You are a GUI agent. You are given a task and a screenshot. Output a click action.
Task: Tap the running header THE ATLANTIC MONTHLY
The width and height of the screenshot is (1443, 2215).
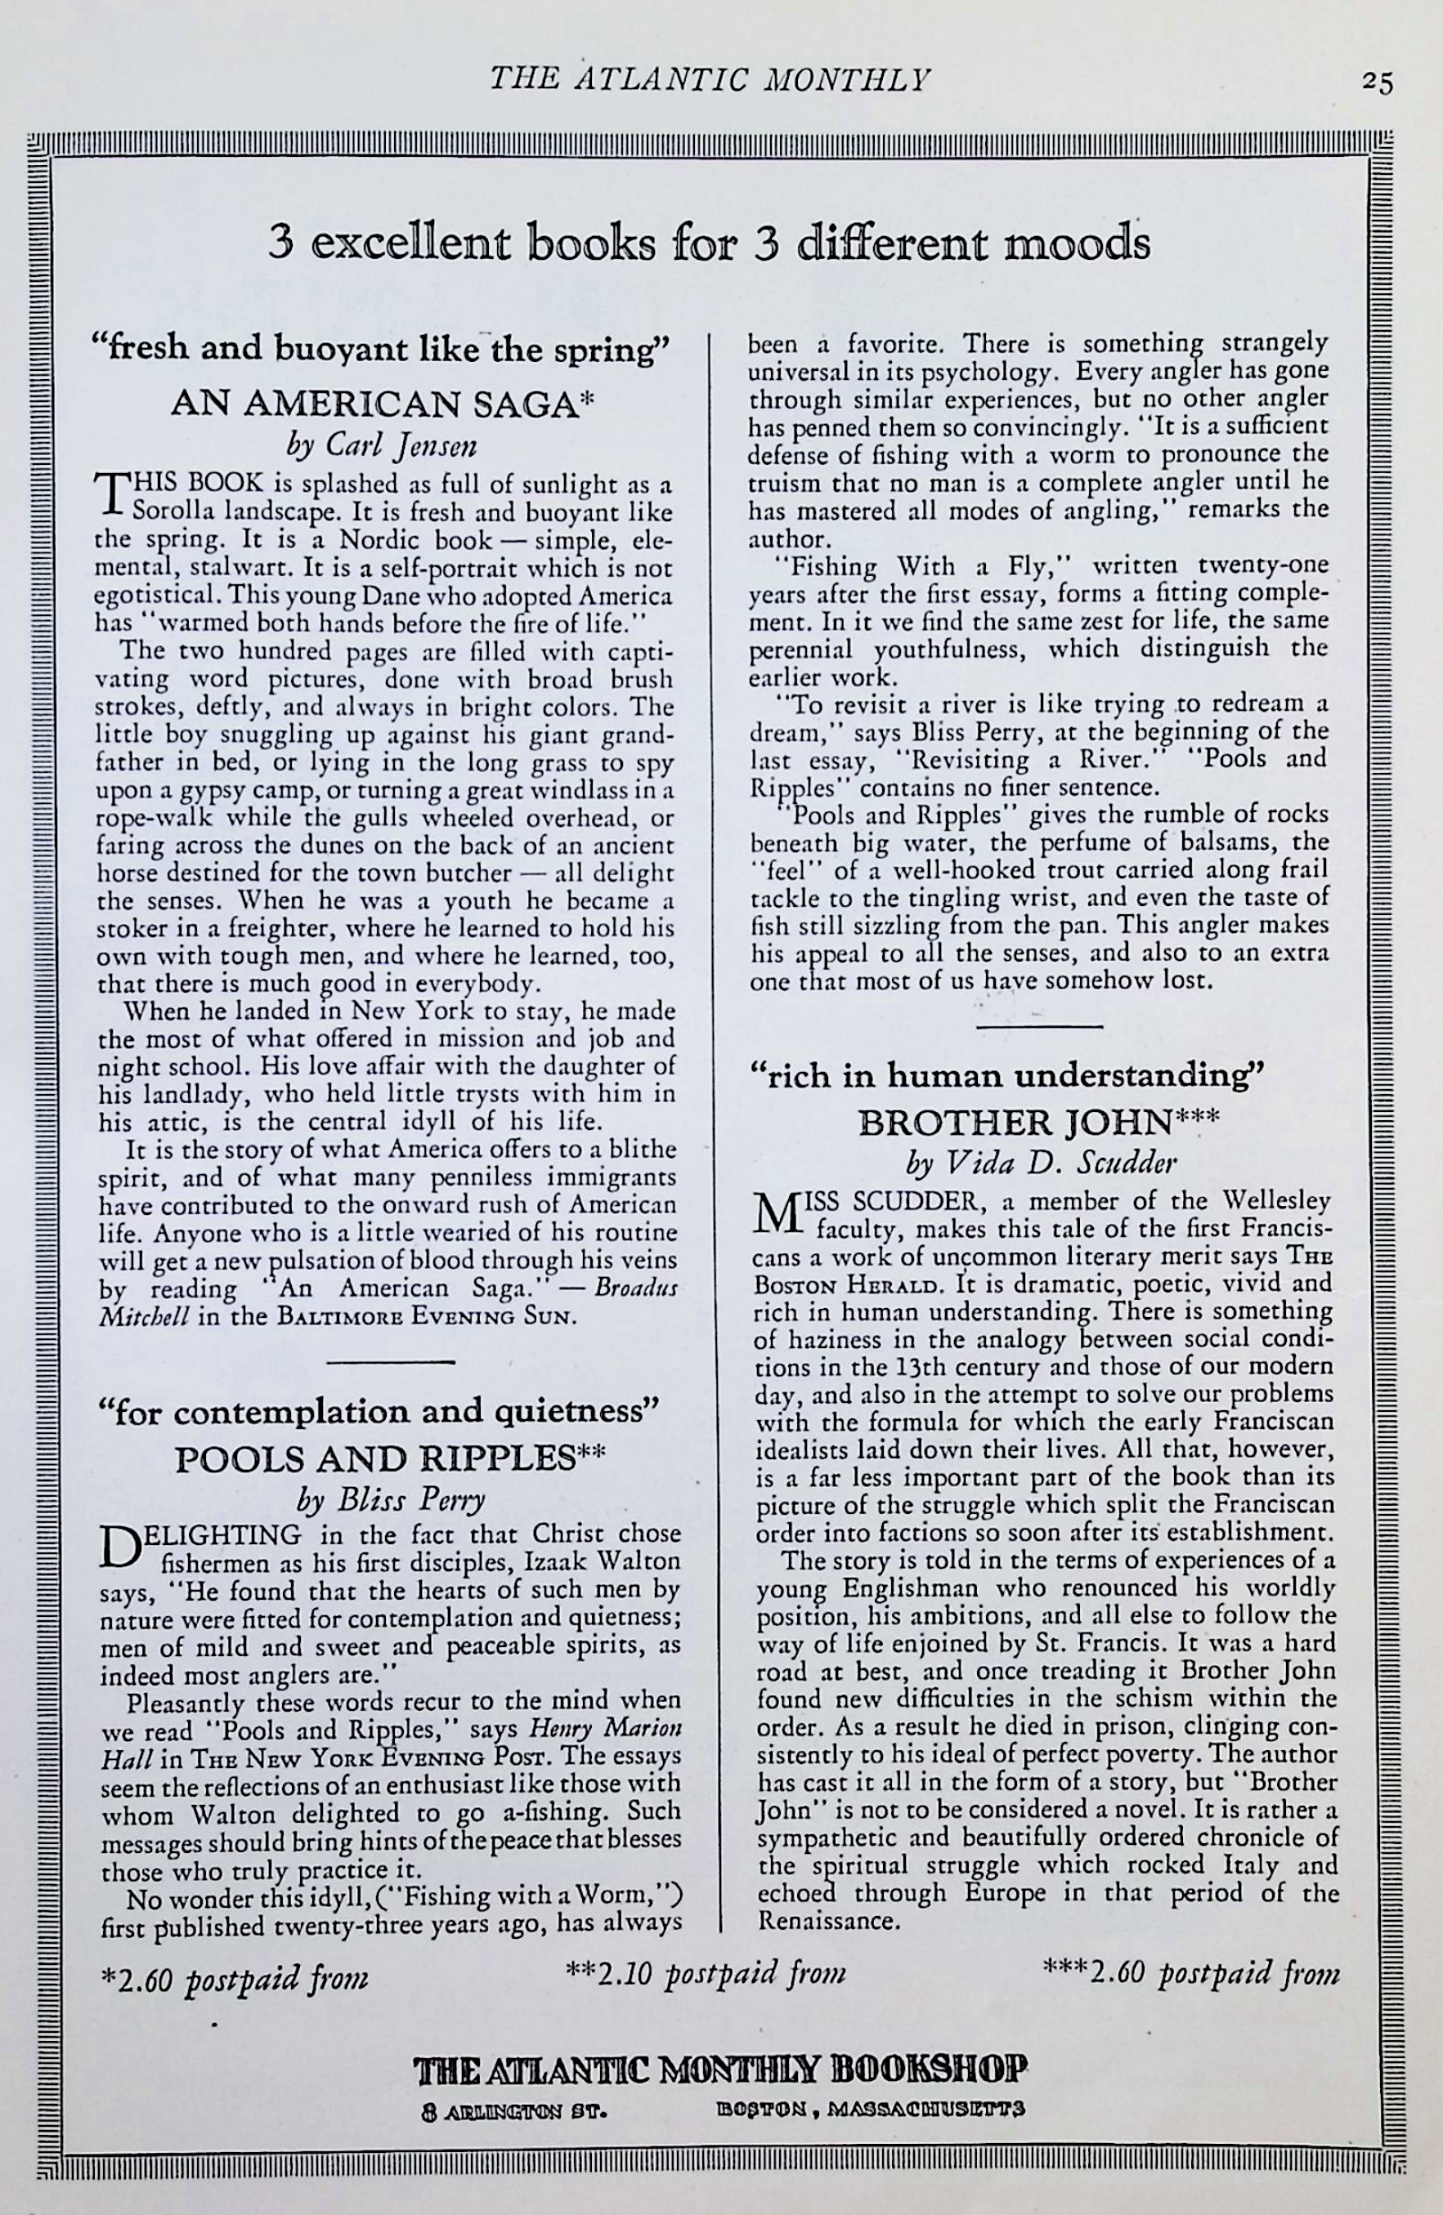tap(710, 81)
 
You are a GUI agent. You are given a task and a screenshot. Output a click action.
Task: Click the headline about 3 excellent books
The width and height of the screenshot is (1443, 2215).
tap(710, 243)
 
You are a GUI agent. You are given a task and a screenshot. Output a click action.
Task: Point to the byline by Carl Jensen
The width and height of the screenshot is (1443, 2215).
tap(382, 446)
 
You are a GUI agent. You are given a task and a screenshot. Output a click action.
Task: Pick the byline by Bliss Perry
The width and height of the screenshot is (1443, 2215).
tap(390, 1499)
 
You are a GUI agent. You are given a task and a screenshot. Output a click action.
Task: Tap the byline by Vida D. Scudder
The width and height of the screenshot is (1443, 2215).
tap(1042, 1163)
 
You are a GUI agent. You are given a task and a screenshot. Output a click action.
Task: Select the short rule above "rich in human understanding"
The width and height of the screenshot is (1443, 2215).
tap(1040, 1026)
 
